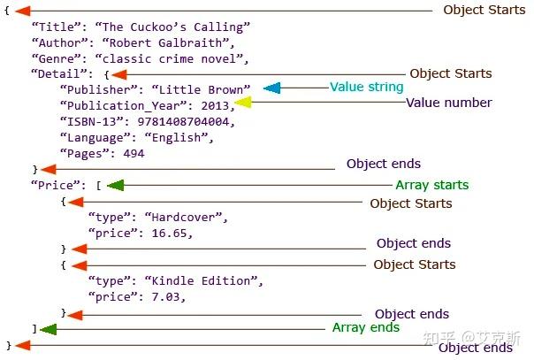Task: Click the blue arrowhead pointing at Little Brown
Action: click(x=272, y=88)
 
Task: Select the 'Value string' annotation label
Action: click(x=366, y=88)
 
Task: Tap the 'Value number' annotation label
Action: click(x=448, y=103)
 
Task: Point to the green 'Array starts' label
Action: click(x=431, y=185)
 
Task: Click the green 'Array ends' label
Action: click(x=366, y=327)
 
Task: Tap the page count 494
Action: click(x=133, y=153)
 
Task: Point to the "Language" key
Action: click(x=92, y=137)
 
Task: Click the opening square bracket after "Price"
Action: click(x=99, y=186)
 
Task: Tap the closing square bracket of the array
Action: click(x=34, y=328)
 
